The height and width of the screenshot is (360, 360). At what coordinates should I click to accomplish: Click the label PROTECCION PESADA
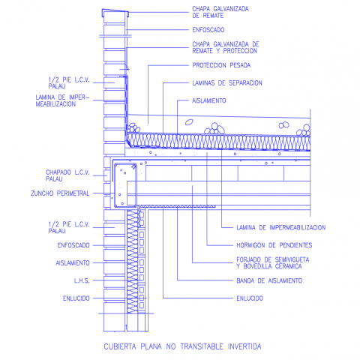click(221, 65)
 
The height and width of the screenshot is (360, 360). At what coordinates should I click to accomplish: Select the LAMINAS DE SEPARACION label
click(227, 83)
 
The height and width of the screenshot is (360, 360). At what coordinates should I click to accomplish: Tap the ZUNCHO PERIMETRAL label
click(60, 193)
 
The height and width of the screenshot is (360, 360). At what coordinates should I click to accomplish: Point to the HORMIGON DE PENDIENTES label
click(274, 245)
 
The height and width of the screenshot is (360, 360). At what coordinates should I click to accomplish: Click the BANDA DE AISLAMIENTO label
click(269, 280)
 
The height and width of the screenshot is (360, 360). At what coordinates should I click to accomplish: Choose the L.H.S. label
click(82, 280)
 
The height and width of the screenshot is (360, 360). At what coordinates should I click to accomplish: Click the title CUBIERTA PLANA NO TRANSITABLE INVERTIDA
click(182, 346)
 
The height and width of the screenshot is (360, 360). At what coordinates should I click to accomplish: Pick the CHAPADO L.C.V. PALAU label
click(67, 175)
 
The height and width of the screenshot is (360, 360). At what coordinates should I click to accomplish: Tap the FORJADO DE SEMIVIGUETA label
click(273, 259)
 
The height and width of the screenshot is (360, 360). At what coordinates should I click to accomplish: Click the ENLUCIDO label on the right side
click(250, 298)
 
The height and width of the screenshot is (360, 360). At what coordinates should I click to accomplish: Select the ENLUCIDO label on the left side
click(76, 298)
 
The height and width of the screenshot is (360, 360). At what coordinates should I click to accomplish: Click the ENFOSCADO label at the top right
click(208, 30)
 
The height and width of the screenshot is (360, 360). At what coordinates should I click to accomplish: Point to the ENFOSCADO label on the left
click(73, 245)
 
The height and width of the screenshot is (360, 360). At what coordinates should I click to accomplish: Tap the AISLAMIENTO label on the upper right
click(209, 100)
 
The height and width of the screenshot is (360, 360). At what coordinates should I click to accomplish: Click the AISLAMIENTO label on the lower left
click(73, 263)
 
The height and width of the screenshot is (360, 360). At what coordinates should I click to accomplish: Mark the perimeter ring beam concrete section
click(125, 185)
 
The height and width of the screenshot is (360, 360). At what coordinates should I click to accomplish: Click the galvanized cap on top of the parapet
click(115, 11)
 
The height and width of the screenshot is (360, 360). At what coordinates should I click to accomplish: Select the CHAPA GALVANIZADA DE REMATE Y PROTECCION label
click(226, 47)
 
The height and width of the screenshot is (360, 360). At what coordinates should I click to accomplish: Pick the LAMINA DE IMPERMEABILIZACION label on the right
click(281, 227)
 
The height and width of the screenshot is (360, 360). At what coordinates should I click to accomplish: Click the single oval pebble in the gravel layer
click(189, 122)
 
